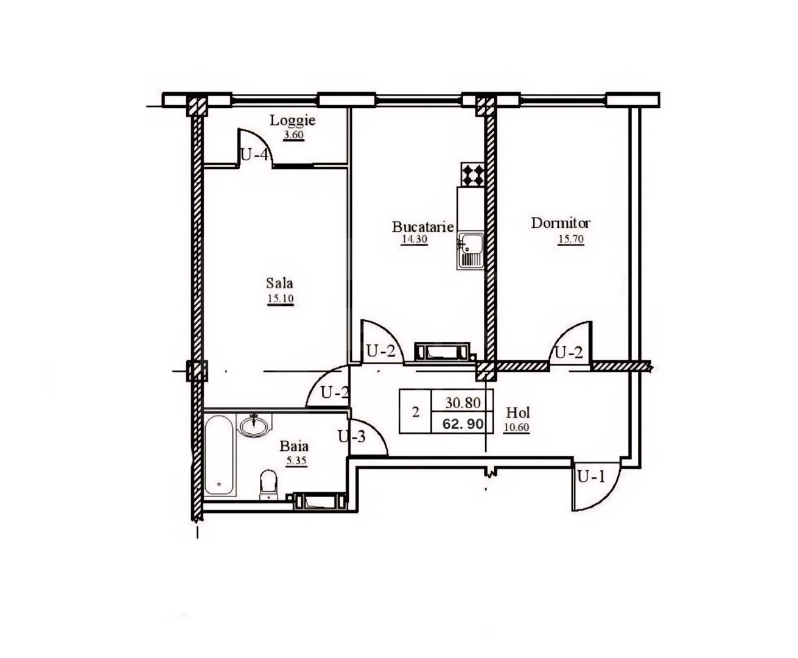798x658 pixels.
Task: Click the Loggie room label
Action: [x=293, y=121]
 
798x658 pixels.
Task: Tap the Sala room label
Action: [x=279, y=283]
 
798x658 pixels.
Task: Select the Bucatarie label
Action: [x=423, y=227]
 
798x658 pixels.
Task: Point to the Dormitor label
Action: [x=561, y=223]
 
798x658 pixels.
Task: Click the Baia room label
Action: [x=295, y=446]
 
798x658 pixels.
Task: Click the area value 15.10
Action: [x=280, y=299]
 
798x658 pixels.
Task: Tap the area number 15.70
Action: [x=570, y=239]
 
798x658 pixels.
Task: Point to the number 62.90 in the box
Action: [x=467, y=423]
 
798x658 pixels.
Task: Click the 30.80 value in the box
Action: [x=464, y=403]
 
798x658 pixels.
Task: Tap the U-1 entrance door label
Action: [x=591, y=476]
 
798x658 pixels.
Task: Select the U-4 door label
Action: [x=254, y=155]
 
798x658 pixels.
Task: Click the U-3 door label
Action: [x=351, y=436]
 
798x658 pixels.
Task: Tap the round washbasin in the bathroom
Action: [x=253, y=425]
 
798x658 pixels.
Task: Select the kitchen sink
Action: [x=470, y=249]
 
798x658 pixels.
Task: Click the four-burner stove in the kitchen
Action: [x=473, y=175]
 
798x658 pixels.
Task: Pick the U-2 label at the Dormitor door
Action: [x=567, y=352]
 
